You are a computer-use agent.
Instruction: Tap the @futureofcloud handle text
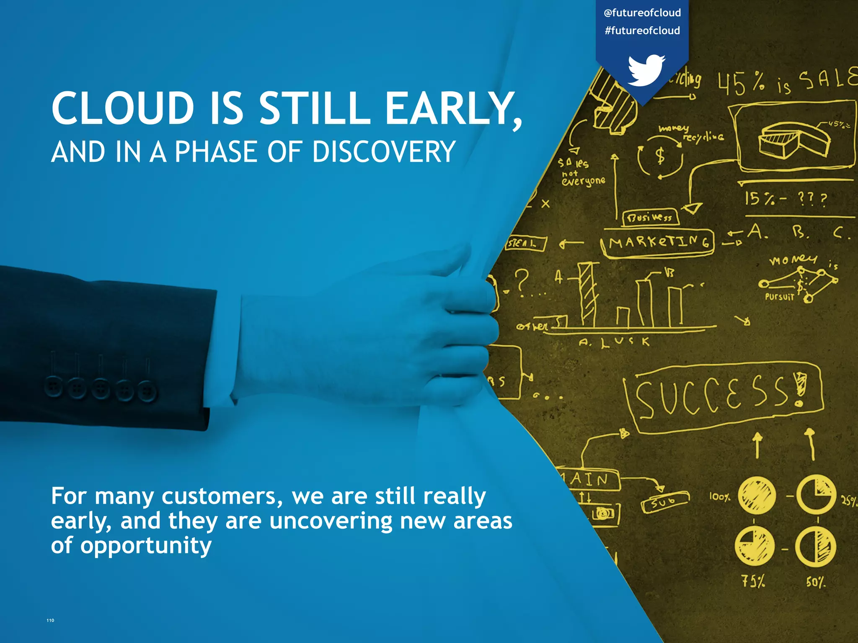tap(642, 13)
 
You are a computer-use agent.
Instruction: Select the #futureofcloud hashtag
tap(642, 31)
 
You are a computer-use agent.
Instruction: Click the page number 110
tap(50, 620)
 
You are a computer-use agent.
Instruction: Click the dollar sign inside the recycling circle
tap(660, 156)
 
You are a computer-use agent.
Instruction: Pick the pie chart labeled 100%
tap(756, 496)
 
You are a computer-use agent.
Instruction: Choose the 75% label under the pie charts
tap(753, 581)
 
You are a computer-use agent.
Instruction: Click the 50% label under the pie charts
tap(815, 582)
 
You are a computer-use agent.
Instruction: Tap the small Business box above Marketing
tap(650, 217)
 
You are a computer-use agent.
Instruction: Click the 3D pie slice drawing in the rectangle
tap(794, 141)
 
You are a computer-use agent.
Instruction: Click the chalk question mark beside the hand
tap(522, 280)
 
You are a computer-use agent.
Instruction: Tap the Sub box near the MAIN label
tap(664, 502)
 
